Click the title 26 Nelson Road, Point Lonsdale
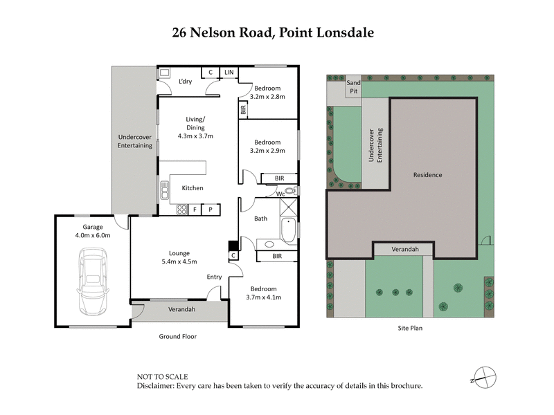[x=277, y=33]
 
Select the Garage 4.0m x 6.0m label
[x=92, y=231]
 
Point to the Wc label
[x=281, y=194]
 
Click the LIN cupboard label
[x=229, y=72]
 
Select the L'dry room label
[x=185, y=82]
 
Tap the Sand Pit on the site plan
[x=353, y=86]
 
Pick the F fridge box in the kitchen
[x=195, y=209]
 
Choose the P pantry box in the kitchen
[x=211, y=209]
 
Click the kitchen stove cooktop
[x=181, y=209]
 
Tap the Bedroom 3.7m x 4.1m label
[x=263, y=293]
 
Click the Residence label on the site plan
[x=427, y=175]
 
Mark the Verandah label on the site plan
[x=405, y=248]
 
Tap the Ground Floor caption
[x=179, y=337]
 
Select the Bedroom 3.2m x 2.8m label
[x=267, y=92]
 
